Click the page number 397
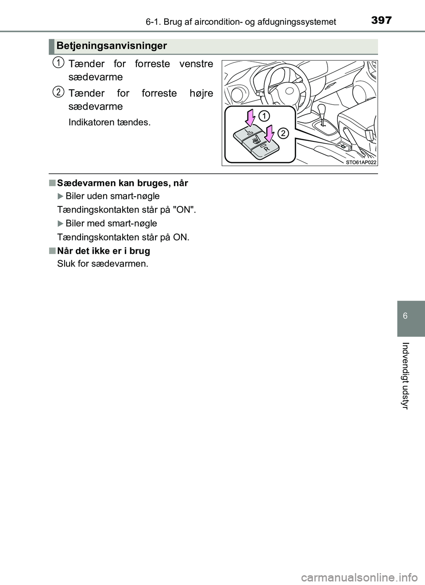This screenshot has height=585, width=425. (x=381, y=20)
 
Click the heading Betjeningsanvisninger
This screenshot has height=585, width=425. (x=112, y=46)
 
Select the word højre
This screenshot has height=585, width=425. (x=201, y=93)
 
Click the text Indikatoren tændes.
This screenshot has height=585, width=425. (x=109, y=122)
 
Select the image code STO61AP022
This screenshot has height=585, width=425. (x=360, y=162)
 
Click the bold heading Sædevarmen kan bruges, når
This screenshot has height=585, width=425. (x=123, y=183)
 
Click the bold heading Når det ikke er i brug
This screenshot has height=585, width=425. (x=104, y=251)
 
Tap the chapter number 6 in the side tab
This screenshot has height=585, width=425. (x=405, y=316)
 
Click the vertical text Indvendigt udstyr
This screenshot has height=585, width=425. (x=405, y=376)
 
